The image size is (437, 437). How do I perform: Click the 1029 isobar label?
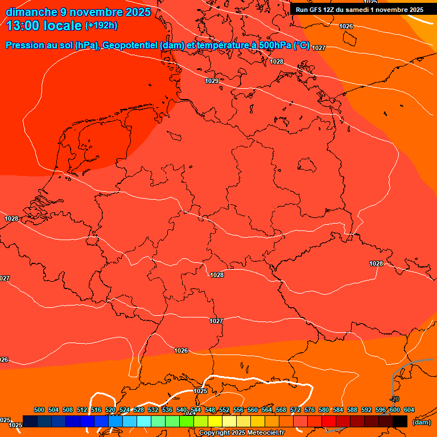click(x=212, y=81)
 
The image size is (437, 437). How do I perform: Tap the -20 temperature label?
click(x=395, y=399)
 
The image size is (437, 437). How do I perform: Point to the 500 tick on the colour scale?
click(x=39, y=410)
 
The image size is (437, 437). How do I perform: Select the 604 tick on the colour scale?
click(x=409, y=410)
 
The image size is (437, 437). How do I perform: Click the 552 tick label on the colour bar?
click(x=224, y=410)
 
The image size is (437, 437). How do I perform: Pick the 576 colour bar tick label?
click(x=310, y=410)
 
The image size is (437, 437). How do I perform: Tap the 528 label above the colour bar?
click(x=139, y=410)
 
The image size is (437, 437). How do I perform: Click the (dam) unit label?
click(x=421, y=422)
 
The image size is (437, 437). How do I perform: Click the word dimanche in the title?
click(x=32, y=11)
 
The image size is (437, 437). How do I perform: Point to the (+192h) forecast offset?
click(x=101, y=26)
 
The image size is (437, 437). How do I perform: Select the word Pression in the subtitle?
click(x=27, y=46)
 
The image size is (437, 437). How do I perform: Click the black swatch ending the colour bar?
click(x=400, y=421)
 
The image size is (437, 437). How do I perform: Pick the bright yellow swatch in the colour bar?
click(x=215, y=421)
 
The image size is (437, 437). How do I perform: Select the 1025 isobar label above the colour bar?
click(x=200, y=391)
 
